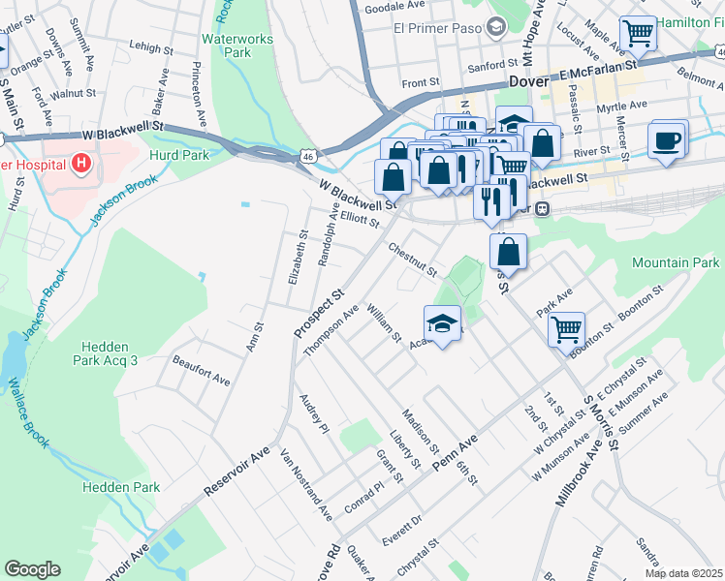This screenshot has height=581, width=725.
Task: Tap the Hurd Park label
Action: point(179,155)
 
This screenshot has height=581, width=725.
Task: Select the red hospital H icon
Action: point(81,164)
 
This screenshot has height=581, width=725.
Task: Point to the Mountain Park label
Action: point(676,262)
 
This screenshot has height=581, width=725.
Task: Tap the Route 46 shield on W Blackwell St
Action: point(307,155)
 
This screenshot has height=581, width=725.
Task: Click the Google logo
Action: point(32,569)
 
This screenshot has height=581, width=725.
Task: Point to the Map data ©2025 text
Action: point(682,573)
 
